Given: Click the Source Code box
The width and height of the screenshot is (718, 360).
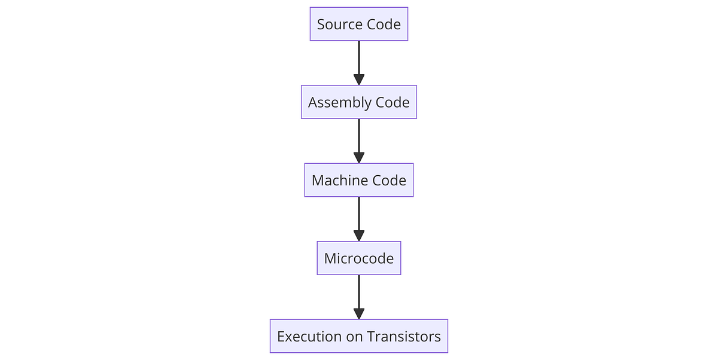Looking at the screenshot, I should point(359,24).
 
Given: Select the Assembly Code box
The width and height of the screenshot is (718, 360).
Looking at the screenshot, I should point(359,102).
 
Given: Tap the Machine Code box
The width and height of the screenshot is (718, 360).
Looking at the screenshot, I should point(359,180).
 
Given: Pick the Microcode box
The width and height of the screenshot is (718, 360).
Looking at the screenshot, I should point(359,258).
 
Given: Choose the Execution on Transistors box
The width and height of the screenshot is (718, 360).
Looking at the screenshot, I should point(359,336).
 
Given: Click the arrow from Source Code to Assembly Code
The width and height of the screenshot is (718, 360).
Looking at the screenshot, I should point(359,60).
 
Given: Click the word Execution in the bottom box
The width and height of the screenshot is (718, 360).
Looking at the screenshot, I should point(309,337).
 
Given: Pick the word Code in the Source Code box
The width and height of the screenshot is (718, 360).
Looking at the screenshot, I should point(384,25).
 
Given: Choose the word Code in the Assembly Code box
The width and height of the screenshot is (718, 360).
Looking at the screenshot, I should point(393,103).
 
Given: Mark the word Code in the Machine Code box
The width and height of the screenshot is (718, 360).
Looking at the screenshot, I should point(390,181).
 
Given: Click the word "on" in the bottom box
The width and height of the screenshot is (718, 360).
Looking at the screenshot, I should point(354,337).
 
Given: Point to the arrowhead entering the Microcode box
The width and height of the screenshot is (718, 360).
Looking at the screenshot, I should point(359,236).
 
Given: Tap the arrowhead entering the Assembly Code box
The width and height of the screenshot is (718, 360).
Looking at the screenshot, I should point(359,80).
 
